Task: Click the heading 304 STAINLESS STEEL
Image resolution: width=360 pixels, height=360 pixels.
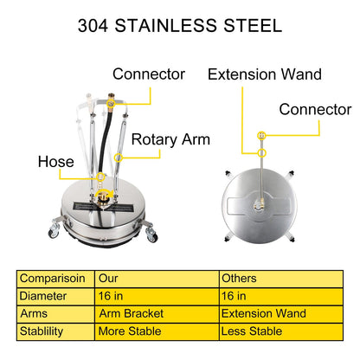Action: click(x=180, y=25)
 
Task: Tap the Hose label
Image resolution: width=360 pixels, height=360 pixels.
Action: click(x=56, y=162)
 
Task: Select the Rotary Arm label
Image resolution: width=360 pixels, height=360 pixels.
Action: click(x=170, y=140)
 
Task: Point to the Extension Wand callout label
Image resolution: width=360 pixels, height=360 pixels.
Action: click(x=265, y=74)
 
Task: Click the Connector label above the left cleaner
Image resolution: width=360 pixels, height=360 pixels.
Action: click(x=149, y=74)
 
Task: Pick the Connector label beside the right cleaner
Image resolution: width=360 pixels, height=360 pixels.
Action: click(x=315, y=110)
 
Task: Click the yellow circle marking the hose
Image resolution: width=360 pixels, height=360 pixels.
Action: click(x=100, y=177)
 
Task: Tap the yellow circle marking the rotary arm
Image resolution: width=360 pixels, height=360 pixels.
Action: click(x=119, y=157)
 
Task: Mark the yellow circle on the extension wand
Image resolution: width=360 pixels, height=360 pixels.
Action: click(x=261, y=153)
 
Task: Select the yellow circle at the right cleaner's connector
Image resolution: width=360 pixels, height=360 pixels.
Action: click(x=261, y=135)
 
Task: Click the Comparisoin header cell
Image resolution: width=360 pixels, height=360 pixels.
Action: click(x=52, y=279)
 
